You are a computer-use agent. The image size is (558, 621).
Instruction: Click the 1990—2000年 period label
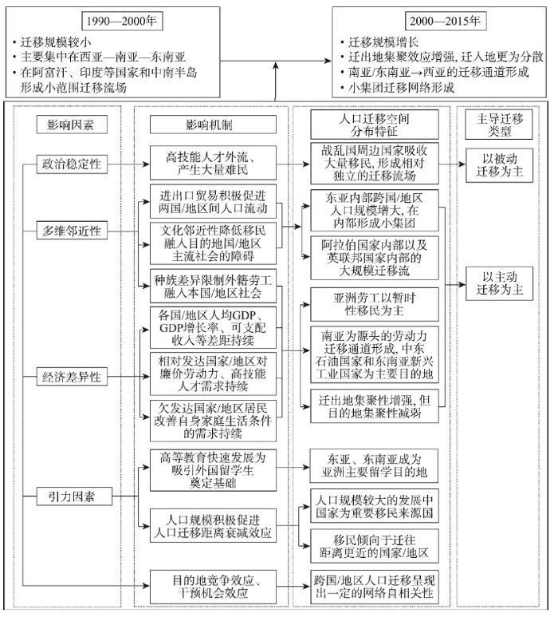[x=122, y=21]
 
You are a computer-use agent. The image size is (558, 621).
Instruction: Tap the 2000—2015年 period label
[x=446, y=21]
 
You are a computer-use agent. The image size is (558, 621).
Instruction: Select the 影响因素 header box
[x=72, y=125]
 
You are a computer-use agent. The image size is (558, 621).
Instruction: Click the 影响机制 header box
[x=213, y=125]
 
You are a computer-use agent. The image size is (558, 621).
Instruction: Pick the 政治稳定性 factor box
[x=72, y=164]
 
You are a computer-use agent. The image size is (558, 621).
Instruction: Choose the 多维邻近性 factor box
[x=72, y=231]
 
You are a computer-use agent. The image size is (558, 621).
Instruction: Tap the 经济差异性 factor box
[x=72, y=376]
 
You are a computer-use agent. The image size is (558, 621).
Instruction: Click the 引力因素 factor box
[x=74, y=496]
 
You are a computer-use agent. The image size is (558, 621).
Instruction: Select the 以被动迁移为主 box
[x=499, y=165]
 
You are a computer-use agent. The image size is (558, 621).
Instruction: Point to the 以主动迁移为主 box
[x=499, y=283]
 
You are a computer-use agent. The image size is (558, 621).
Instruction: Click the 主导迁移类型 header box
[x=499, y=125]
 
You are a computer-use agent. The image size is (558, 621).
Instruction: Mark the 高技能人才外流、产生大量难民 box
[x=213, y=163]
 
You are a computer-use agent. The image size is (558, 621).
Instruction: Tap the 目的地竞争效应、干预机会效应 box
[x=213, y=587]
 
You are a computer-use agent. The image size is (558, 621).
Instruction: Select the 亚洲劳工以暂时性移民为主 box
[x=374, y=304]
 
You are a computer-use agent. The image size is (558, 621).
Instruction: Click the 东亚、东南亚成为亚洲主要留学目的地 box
[x=374, y=466]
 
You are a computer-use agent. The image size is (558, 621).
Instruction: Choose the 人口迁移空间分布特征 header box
[x=374, y=125]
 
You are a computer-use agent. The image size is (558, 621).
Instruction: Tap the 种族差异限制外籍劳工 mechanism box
[x=213, y=287]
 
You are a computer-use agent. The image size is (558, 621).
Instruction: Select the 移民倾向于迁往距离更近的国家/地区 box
[x=374, y=546]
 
